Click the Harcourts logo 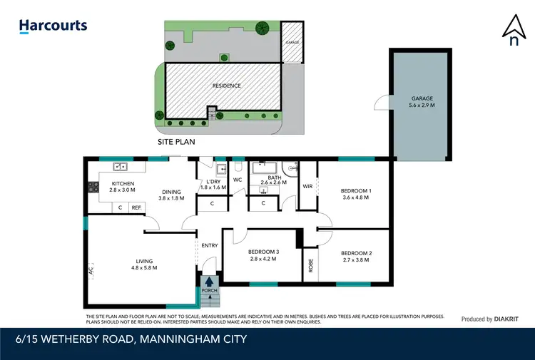tap(53, 26)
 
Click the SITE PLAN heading tap(176, 142)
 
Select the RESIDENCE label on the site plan tap(227, 86)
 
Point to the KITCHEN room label tap(123, 184)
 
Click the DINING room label tap(171, 191)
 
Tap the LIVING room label tap(146, 261)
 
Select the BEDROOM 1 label tap(356, 191)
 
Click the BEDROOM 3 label tap(263, 252)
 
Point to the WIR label tap(308, 186)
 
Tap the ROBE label tap(310, 266)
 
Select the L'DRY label tap(213, 182)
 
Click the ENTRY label tap(210, 245)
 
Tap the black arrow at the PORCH tap(209, 282)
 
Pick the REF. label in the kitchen tap(136, 207)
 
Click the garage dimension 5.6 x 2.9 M tap(422, 105)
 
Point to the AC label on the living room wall tap(91, 272)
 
